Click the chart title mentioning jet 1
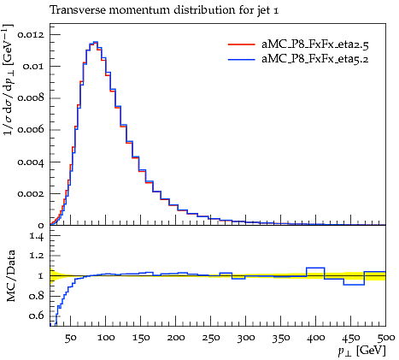tap(164, 10)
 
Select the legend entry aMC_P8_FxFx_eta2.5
tap(315, 44)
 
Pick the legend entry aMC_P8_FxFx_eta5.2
tap(315, 59)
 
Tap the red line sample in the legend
tap(242, 44)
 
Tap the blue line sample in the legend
tap(242, 59)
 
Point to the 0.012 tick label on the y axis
tap(31, 35)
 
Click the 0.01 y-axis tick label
tap(33, 67)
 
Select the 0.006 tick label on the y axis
tap(31, 130)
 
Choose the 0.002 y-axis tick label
tap(31, 194)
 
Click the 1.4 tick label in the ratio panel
tap(38, 236)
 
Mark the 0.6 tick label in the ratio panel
tap(38, 316)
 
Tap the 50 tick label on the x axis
tap(71, 338)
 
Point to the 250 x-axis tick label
tap(211, 338)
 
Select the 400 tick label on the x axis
tap(316, 338)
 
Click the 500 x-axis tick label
tap(385, 338)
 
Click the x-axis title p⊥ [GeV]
tap(361, 351)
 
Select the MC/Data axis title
tap(10, 275)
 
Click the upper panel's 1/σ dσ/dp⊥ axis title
tap(8, 80)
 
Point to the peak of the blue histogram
tap(96, 42)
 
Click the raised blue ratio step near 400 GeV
tap(315, 268)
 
